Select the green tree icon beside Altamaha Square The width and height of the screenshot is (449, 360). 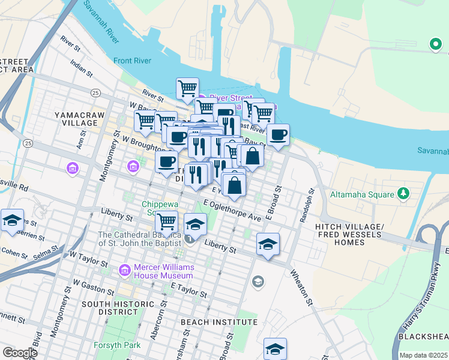(x=404, y=193)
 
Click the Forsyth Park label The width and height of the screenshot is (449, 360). (x=117, y=345)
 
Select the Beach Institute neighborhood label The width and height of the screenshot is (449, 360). (x=218, y=322)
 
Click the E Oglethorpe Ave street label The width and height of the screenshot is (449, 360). (x=232, y=210)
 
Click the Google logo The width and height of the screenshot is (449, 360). (x=20, y=352)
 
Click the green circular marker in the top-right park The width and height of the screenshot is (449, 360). (x=434, y=44)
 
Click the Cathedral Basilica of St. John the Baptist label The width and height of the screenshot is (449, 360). (x=139, y=239)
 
